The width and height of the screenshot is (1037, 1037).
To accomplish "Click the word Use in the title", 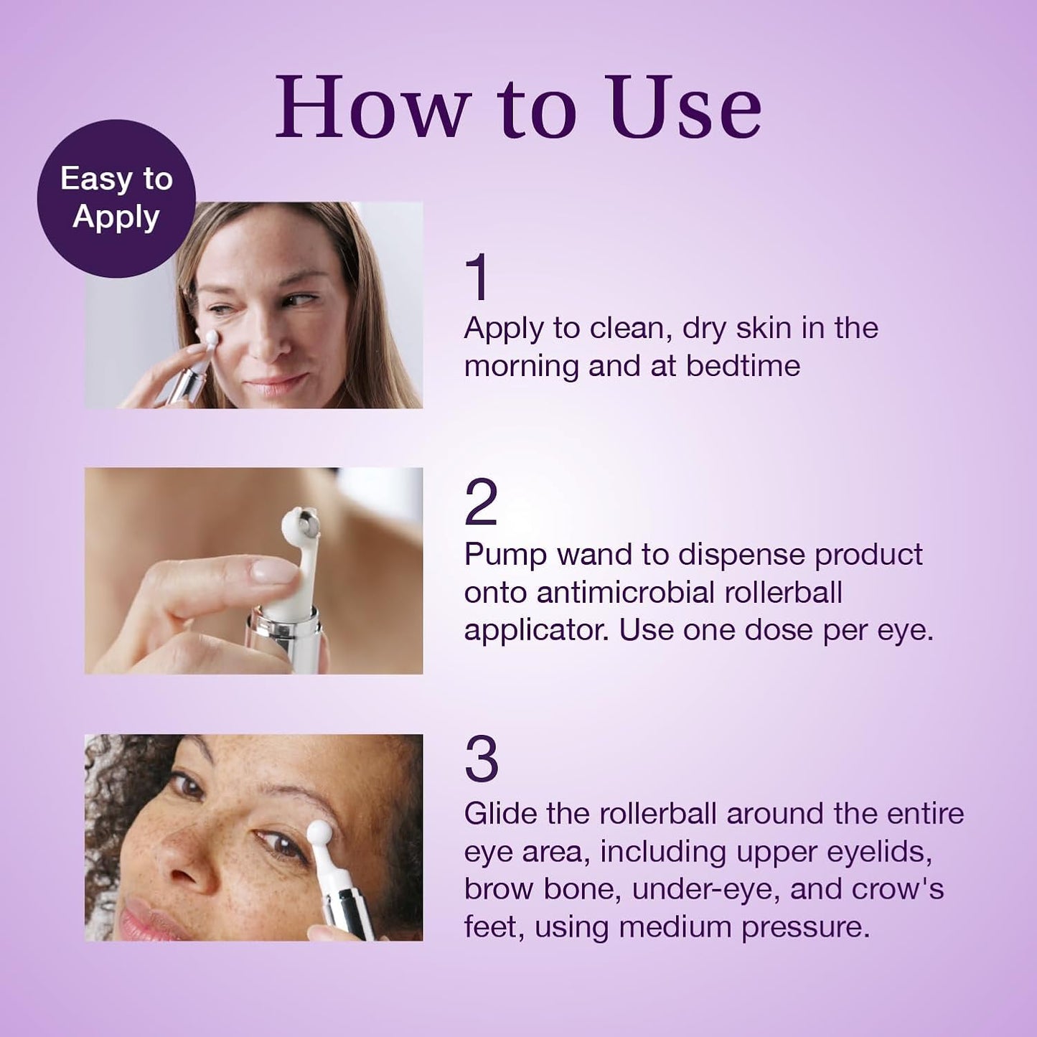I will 685,108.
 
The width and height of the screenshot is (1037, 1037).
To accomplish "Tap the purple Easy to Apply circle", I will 116,198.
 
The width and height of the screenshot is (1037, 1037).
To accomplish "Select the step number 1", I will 477,277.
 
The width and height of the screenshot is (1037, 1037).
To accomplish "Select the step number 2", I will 481,503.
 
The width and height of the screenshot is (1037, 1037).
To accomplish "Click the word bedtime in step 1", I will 743,366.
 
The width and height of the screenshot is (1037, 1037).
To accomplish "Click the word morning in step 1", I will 522,366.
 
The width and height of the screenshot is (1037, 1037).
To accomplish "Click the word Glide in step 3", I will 500,814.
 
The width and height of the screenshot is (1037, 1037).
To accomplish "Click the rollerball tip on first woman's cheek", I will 211,337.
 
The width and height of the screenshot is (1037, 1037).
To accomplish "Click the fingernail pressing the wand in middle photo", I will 273,571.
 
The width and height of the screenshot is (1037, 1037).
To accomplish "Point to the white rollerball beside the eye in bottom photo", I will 319,833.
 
